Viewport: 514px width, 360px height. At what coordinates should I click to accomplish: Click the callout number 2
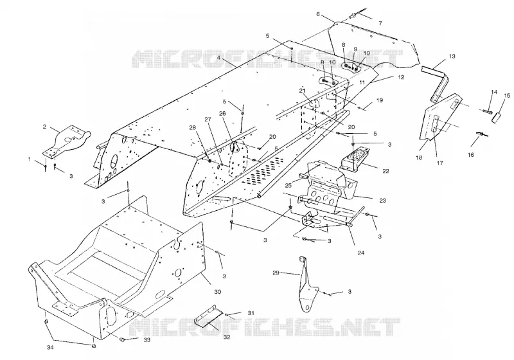tap(44, 126)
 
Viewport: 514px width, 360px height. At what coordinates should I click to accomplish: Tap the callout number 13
tap(452, 56)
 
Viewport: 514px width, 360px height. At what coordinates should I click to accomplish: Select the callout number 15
tap(507, 95)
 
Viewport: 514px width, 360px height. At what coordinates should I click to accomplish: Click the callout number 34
tap(50, 348)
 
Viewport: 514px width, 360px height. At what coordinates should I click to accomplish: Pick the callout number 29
tap(276, 273)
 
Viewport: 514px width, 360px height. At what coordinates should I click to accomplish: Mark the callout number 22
tap(386, 171)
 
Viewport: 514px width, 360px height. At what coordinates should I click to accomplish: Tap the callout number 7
tap(380, 23)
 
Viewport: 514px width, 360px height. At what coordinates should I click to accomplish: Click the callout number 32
tap(227, 337)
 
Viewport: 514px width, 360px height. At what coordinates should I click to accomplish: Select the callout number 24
tap(360, 253)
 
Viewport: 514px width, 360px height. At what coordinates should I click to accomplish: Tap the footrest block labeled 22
tap(356, 158)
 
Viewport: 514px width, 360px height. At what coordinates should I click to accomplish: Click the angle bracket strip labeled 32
tap(207, 316)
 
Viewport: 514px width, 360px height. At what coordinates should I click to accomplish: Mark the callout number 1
tap(30, 159)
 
